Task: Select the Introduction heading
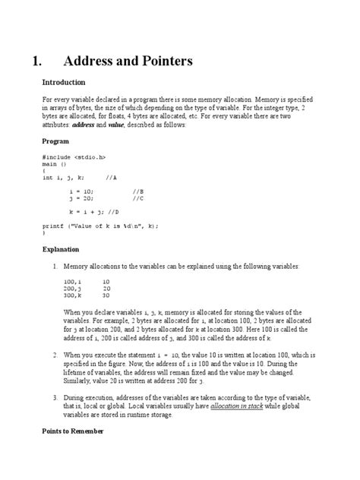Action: coord(64,82)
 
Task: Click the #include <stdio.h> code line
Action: coord(74,157)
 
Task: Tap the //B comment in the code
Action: coord(137,191)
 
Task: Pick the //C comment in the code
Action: coord(137,198)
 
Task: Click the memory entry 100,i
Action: coord(72,282)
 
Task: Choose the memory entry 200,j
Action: coord(72,289)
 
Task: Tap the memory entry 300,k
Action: coord(72,295)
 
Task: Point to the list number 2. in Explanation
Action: coord(55,355)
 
